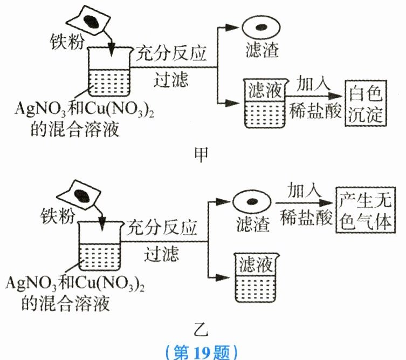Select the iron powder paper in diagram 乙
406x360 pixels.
[x=81, y=194]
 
